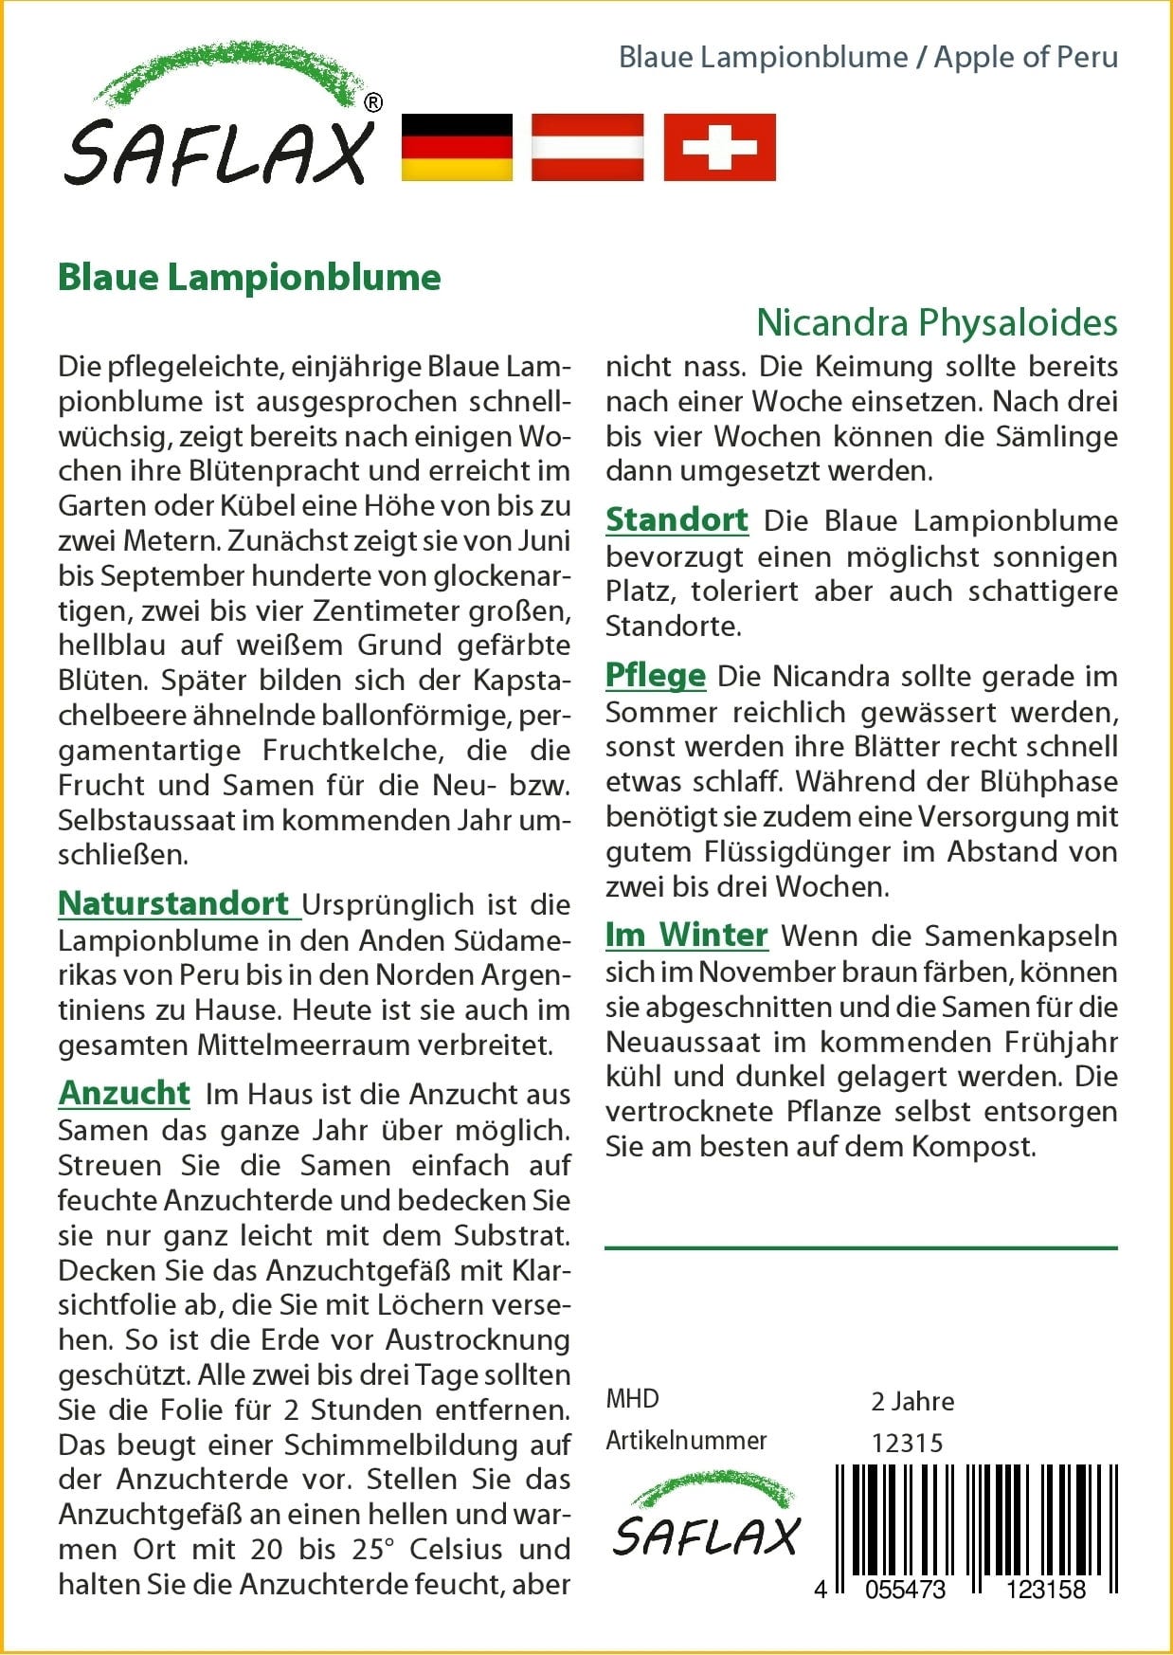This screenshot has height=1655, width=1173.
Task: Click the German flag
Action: click(457, 147)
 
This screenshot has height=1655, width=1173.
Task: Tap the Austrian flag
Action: click(587, 147)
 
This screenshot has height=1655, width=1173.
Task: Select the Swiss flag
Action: click(719, 147)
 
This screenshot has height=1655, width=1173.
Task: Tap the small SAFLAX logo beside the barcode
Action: click(706, 1517)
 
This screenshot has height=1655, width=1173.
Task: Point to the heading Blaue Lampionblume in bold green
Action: click(249, 278)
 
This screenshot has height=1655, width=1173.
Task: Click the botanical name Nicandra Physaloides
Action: click(936, 323)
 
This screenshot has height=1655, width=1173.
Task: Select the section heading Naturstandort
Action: click(173, 903)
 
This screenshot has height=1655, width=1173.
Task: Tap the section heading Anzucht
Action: click(124, 1093)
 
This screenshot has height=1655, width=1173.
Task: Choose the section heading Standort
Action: click(677, 519)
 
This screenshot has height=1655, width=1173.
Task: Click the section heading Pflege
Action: click(656, 675)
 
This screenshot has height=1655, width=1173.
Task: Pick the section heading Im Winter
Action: click(686, 935)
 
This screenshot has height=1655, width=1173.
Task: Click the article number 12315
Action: click(907, 1443)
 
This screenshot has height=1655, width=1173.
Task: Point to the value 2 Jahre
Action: click(912, 1401)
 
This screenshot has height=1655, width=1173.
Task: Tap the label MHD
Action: click(632, 1398)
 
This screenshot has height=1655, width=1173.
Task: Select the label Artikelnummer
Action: click(686, 1441)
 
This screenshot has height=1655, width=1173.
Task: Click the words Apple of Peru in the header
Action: click(1026, 57)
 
